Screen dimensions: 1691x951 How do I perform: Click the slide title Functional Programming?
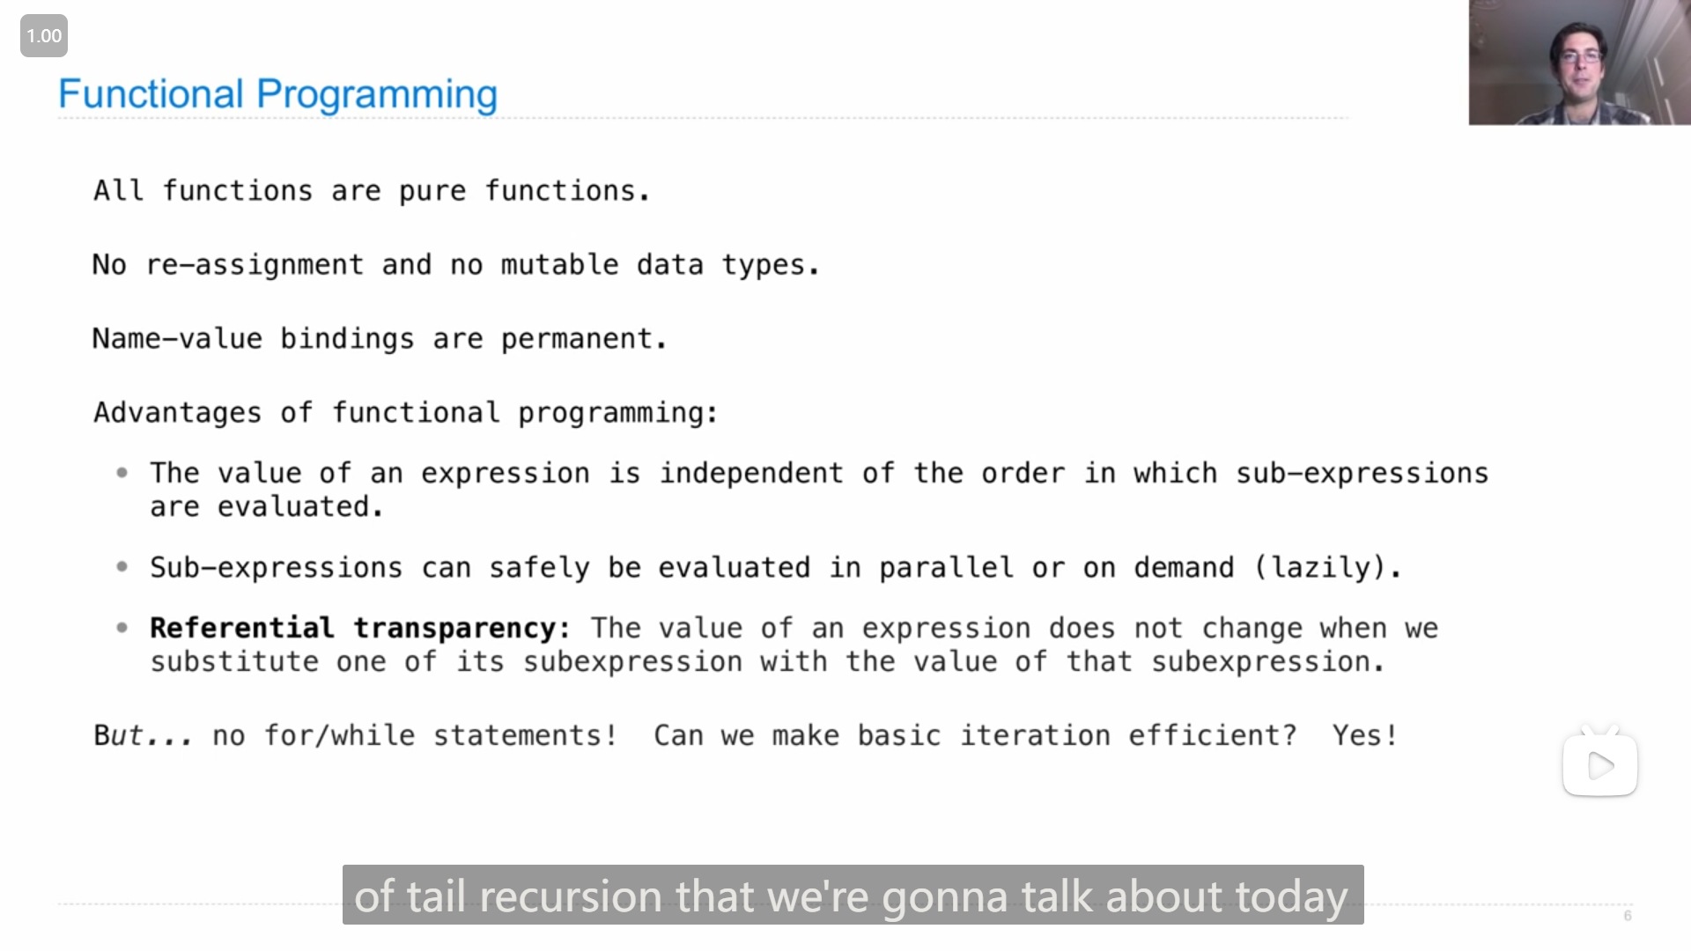(277, 94)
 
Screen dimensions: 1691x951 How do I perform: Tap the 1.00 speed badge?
(44, 36)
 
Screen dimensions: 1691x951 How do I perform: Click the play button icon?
(1600, 765)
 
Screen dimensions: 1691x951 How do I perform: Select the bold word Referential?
(242, 628)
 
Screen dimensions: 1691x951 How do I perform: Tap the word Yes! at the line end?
(1365, 735)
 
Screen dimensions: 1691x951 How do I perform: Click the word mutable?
(560, 264)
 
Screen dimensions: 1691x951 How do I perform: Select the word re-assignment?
(255, 265)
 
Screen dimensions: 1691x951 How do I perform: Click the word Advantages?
(178, 413)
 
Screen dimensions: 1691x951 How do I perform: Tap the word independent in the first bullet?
(751, 474)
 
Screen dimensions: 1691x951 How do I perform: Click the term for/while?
(340, 735)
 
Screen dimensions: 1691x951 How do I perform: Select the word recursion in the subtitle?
(571, 896)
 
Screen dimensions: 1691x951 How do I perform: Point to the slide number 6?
(1628, 916)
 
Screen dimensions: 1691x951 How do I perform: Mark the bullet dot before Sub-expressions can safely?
(122, 567)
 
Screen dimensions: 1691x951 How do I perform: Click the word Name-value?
(178, 339)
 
